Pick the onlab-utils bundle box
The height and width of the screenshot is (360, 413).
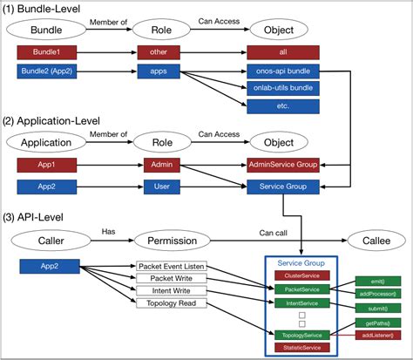coord(283,87)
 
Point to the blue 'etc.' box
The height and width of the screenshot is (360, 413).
coord(283,105)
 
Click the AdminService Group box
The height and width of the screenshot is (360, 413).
coord(283,163)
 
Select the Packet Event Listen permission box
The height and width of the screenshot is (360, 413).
coord(172,265)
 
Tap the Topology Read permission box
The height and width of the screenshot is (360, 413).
coord(171,302)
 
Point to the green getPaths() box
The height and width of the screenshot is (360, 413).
coord(377,323)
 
